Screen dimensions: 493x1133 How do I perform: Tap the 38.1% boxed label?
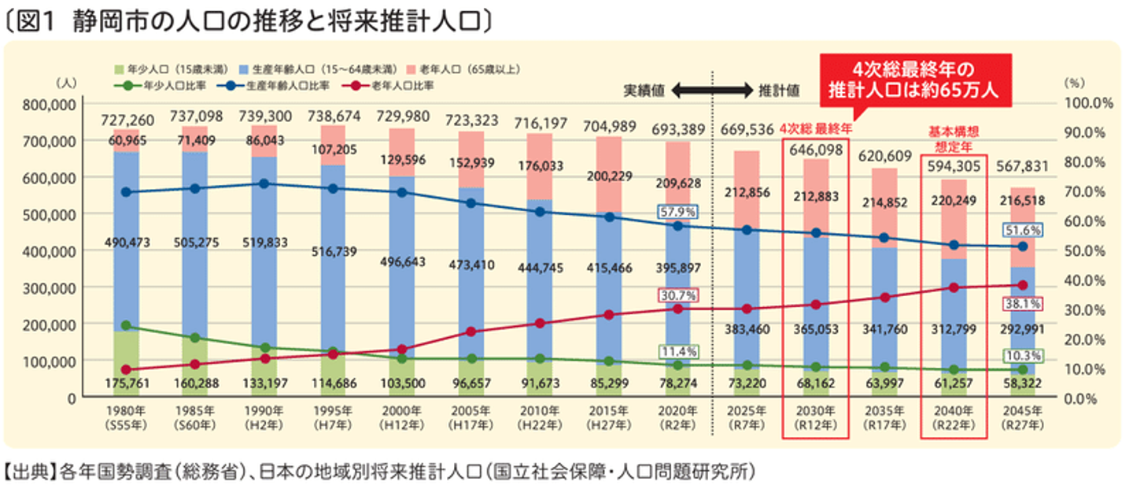(1023, 303)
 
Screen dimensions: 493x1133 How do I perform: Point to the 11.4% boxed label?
(677, 351)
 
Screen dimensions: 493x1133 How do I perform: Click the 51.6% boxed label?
(1023, 230)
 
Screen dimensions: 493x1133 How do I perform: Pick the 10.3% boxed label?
(1023, 356)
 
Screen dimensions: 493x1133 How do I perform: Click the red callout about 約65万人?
(912, 79)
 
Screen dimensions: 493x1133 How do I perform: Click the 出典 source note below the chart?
(378, 473)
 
